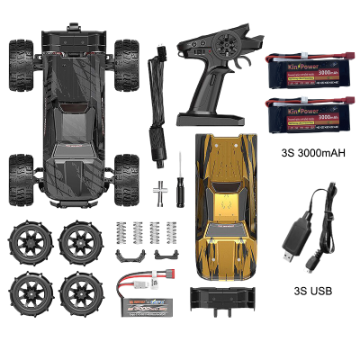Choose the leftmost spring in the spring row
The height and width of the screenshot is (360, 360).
(122, 230)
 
